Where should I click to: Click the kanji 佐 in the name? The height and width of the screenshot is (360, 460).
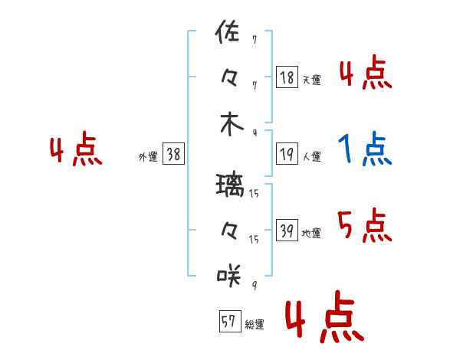tap(228, 31)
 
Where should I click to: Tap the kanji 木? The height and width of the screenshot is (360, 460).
tap(232, 124)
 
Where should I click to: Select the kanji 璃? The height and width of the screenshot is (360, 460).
tap(230, 185)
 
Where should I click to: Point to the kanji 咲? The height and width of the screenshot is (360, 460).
tap(229, 275)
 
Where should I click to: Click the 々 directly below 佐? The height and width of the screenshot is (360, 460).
tap(229, 78)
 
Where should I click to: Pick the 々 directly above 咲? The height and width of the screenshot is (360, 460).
tap(229, 231)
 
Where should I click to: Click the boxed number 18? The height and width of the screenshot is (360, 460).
tap(287, 77)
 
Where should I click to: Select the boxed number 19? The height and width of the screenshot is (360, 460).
tap(287, 154)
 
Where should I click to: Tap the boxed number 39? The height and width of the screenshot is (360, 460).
tap(287, 230)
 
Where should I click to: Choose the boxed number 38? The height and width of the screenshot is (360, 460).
tap(173, 154)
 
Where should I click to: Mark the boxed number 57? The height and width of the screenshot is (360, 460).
tap(230, 321)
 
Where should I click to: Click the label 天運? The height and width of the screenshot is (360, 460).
tap(312, 80)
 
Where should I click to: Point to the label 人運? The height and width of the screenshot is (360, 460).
tap(312, 156)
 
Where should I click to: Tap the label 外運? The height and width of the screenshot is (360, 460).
tap(148, 156)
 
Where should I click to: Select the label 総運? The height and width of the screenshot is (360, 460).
tap(255, 324)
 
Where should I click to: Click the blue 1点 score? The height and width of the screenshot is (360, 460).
tap(365, 149)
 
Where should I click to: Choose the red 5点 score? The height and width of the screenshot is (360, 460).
tap(365, 225)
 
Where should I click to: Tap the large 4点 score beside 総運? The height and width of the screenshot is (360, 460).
tap(325, 316)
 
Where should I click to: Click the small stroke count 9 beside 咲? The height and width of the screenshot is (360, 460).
tap(255, 285)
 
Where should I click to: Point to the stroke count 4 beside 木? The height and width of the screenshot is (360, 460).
tap(255, 133)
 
